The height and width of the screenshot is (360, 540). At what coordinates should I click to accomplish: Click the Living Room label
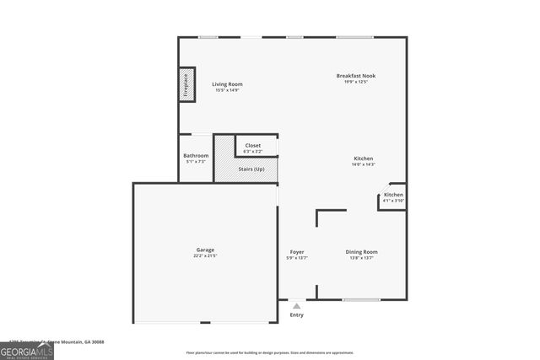(227, 84)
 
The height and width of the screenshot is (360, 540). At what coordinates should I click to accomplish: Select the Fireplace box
(186, 86)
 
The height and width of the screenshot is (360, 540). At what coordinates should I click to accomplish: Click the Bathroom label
(196, 156)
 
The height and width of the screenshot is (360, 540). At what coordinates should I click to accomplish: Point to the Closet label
(253, 146)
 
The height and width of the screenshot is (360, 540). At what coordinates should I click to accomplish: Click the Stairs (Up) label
(252, 169)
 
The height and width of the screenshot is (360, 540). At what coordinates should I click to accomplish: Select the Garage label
(205, 250)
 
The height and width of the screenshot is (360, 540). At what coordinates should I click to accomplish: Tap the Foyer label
(297, 252)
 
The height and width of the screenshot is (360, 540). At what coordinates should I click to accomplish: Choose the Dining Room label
(361, 252)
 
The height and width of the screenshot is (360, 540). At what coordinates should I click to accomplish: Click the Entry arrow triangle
(296, 307)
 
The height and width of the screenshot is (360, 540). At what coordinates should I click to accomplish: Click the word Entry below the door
(296, 315)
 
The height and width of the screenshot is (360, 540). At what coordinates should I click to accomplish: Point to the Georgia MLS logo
(27, 349)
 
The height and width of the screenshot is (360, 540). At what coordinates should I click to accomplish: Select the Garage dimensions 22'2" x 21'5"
(205, 255)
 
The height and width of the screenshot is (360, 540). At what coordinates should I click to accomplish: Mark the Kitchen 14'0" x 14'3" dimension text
(363, 165)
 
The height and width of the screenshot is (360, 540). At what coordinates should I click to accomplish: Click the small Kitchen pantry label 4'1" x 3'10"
(393, 201)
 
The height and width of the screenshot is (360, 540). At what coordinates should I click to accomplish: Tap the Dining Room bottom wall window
(361, 299)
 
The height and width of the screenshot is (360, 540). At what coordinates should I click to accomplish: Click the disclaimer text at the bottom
(270, 352)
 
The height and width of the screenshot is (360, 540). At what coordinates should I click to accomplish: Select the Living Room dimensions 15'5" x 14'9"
(227, 90)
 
